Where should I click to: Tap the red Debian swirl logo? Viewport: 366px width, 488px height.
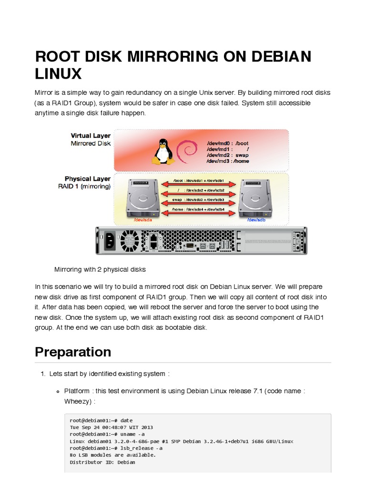(185, 152)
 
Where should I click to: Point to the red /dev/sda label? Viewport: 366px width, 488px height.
(143, 220)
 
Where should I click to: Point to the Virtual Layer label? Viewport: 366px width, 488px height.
(91, 136)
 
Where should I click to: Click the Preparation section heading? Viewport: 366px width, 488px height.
(73, 352)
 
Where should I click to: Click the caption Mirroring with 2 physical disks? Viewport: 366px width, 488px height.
(100, 269)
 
